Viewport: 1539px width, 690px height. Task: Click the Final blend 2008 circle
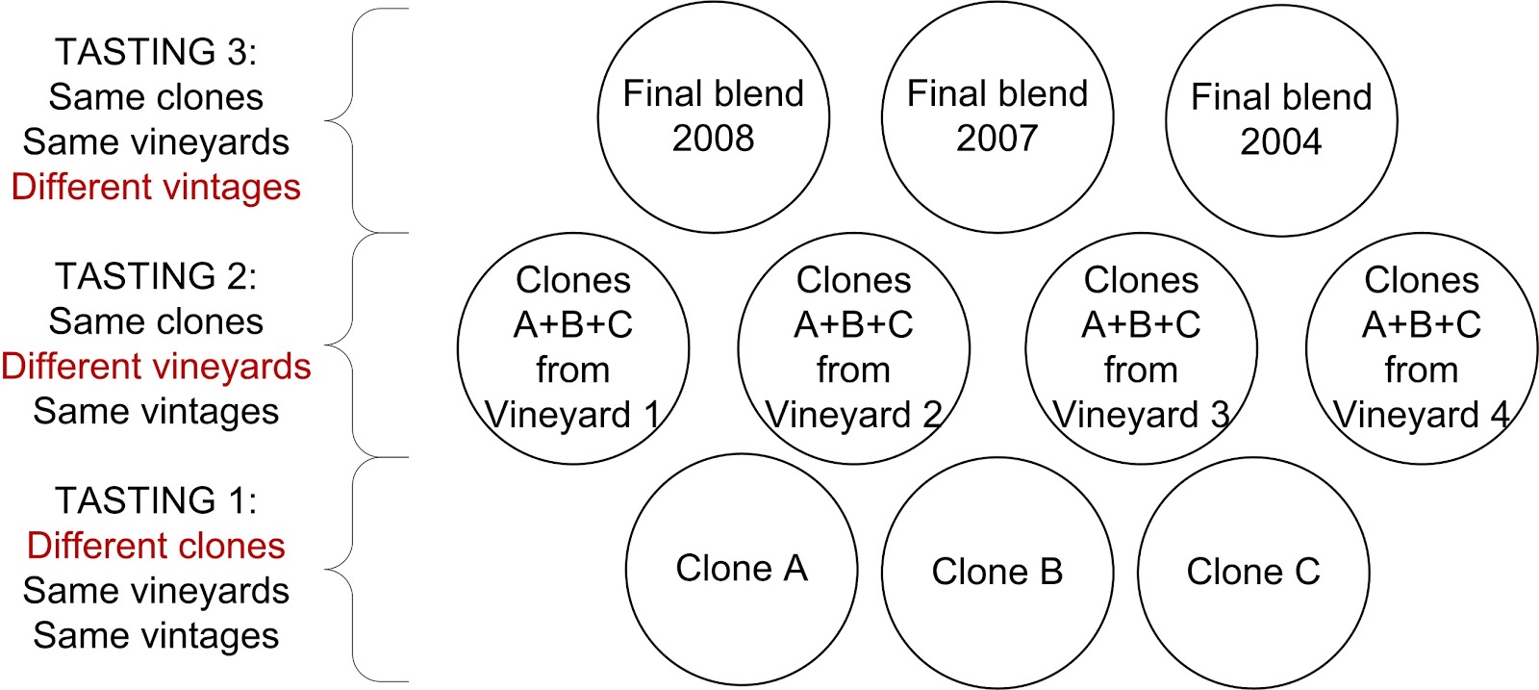(713, 117)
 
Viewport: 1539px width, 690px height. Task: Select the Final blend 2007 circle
(997, 117)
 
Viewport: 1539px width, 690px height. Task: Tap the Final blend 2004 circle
(1281, 120)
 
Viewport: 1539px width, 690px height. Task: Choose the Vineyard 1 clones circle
(573, 348)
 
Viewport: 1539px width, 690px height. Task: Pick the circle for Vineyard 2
(853, 348)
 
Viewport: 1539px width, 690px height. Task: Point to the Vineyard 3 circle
(1141, 348)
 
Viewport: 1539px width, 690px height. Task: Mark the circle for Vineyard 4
(1422, 348)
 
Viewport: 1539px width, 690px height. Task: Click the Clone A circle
(741, 569)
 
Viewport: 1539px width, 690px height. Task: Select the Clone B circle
(997, 573)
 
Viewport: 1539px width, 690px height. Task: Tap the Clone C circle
(1253, 573)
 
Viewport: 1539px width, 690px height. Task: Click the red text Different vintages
(156, 187)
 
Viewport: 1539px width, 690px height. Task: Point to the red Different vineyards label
(156, 367)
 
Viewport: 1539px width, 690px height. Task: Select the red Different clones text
(156, 546)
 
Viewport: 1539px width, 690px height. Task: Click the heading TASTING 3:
(156, 52)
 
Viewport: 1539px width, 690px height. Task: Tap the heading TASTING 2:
(156, 276)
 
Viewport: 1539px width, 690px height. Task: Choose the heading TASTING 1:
(156, 500)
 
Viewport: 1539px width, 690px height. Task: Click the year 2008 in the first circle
(713, 139)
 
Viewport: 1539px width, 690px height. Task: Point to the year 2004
(1281, 142)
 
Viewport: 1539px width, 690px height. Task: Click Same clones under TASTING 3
(156, 97)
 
